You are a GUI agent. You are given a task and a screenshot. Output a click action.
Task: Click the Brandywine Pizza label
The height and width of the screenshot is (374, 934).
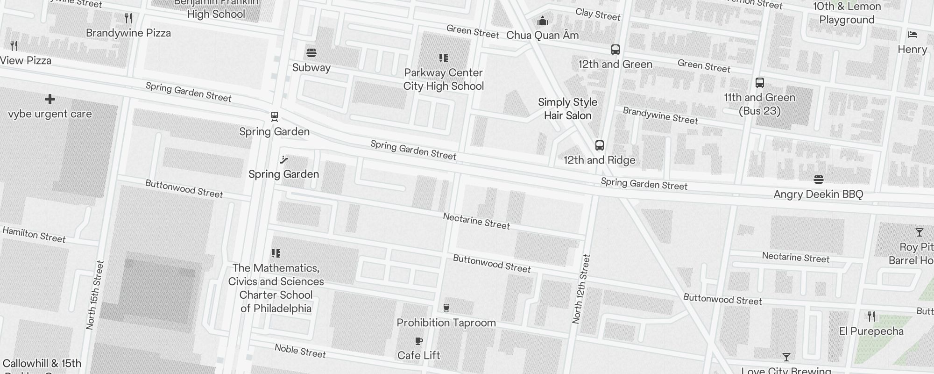pos(128,33)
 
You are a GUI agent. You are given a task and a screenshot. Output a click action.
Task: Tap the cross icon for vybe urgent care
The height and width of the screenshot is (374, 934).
pos(50,99)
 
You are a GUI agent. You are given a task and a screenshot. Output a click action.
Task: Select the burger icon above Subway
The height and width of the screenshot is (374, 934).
pos(311,52)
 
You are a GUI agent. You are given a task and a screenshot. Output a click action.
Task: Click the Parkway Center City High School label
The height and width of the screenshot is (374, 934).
pos(443,79)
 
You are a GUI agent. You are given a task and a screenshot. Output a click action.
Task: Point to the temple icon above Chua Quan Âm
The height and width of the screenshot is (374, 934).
pos(543,21)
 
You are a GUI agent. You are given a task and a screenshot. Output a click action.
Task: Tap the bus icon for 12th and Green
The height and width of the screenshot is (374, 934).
pos(616,50)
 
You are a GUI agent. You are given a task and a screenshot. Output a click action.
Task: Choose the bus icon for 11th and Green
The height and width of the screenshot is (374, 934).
pos(760,83)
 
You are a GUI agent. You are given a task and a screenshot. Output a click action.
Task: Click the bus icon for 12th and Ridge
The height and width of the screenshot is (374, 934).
pos(600,145)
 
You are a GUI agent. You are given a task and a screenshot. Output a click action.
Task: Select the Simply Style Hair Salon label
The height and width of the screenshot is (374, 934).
pos(567,109)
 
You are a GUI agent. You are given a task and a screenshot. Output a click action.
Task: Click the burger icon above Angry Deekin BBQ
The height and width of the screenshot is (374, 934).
pos(818,180)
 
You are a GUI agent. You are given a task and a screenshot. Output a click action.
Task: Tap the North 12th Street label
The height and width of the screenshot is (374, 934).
pos(581,289)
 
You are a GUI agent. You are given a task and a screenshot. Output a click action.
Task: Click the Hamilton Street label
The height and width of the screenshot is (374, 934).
pos(34,235)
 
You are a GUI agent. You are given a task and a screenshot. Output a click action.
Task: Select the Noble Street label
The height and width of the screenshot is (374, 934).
pos(300,351)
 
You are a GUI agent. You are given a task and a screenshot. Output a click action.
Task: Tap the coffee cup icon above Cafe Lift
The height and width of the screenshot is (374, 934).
pos(419,341)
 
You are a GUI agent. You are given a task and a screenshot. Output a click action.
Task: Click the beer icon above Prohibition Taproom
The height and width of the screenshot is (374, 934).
pos(446,308)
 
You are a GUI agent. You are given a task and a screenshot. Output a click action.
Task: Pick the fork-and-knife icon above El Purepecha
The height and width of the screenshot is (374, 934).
pos(871,316)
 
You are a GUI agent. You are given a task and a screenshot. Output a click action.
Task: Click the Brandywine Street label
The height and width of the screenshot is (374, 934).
pos(660,115)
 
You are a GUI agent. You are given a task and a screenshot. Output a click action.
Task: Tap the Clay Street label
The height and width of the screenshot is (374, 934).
pos(598,14)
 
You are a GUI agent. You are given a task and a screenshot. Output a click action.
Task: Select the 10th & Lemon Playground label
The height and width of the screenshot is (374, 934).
pos(847,13)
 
